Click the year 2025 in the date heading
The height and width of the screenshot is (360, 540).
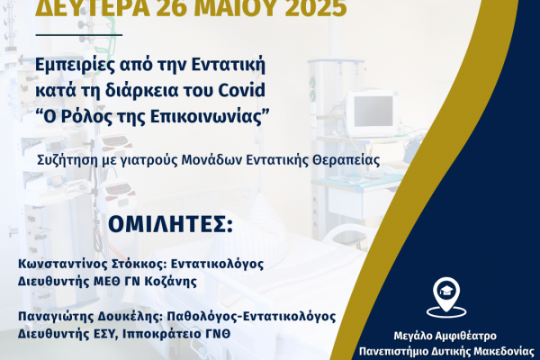point(316,8)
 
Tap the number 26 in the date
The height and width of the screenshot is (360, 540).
point(171,8)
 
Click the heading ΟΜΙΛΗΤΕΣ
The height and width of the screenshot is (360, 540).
point(170,225)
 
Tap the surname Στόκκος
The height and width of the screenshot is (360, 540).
point(140,265)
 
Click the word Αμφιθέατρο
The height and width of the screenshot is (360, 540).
point(466,336)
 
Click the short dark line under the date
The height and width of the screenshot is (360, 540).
point(79,34)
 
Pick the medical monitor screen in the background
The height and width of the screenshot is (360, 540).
point(373,112)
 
